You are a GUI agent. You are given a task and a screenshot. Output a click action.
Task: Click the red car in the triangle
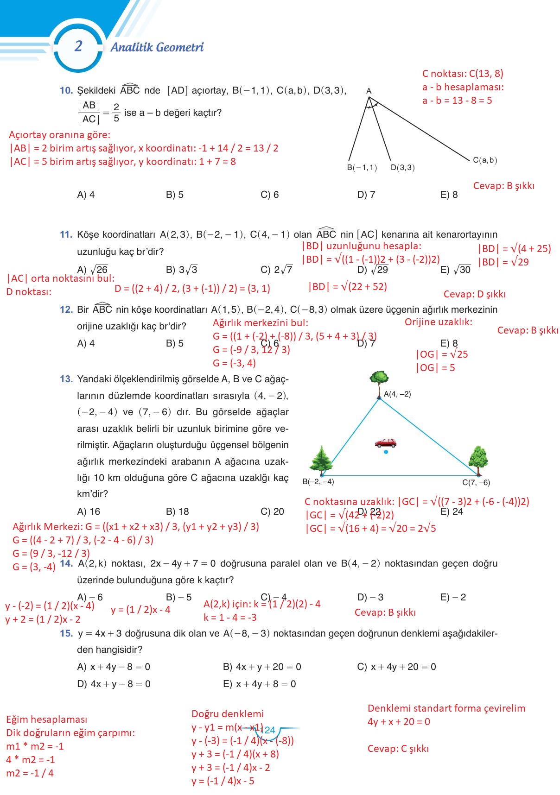coord(386,443)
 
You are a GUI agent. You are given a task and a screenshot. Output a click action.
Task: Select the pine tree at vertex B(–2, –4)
coord(321,460)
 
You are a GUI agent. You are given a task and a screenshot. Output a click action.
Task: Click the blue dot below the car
coord(386,452)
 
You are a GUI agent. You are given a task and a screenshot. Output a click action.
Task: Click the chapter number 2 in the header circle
coord(78,46)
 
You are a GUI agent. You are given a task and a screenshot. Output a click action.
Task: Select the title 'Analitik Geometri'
coord(157,47)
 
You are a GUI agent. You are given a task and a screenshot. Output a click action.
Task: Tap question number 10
coord(66,90)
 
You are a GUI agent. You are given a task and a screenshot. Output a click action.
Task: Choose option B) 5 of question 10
coord(175,195)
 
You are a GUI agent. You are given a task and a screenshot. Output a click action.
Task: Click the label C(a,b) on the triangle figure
coord(485,160)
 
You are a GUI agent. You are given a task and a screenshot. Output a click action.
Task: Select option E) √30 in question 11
coord(455,270)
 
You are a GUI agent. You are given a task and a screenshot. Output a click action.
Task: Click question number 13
coord(66,379)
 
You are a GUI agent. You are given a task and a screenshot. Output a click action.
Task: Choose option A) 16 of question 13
coord(89,511)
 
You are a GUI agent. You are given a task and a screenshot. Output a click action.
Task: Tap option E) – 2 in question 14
coord(453,597)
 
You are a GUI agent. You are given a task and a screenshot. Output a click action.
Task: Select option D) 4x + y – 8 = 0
coord(114,684)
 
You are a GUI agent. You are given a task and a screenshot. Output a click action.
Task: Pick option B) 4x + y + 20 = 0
coord(262,667)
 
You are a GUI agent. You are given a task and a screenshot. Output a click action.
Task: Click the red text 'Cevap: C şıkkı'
coord(398,749)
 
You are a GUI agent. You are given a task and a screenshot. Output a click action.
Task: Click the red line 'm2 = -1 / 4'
coord(30,773)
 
